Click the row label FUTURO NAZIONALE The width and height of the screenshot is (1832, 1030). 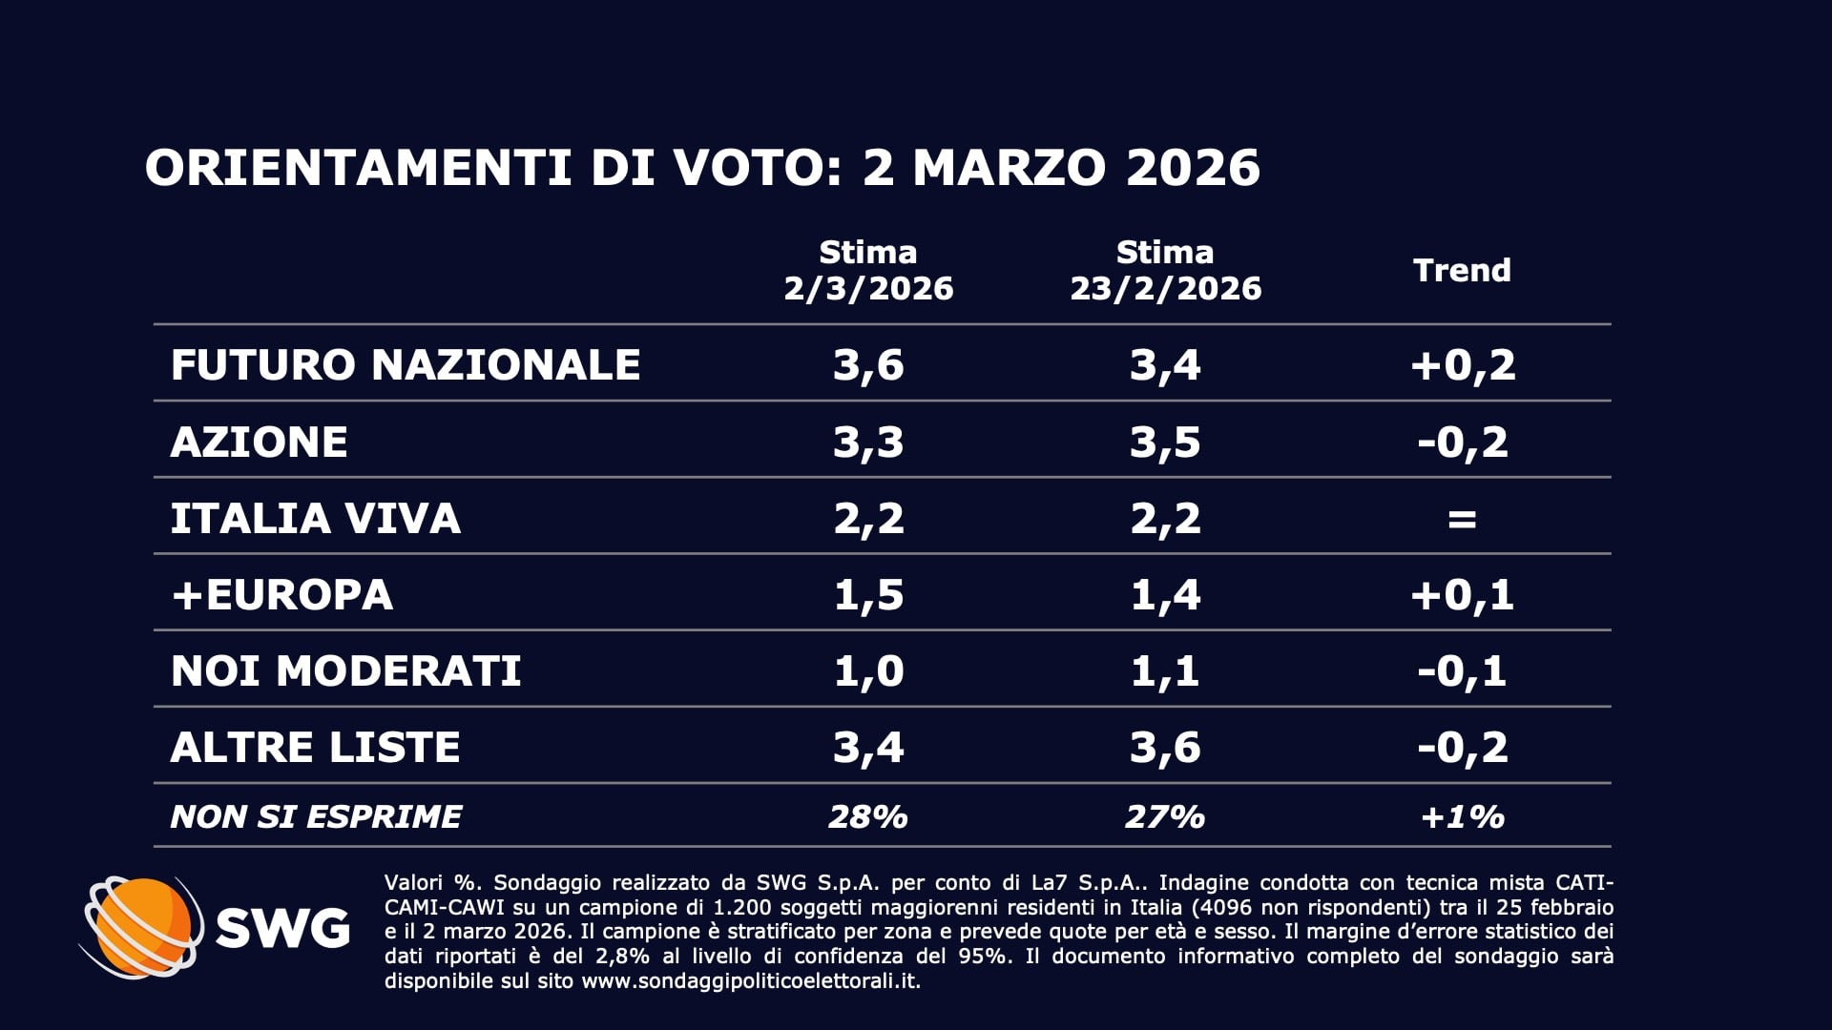[x=405, y=364]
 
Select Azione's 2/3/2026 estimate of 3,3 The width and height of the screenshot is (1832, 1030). [x=867, y=442]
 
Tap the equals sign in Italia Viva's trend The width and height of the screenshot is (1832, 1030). [x=1462, y=519]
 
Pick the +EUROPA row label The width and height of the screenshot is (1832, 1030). [x=281, y=594]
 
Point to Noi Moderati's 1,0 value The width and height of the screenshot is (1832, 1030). [x=867, y=670]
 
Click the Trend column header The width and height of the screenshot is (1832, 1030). [x=1462, y=270]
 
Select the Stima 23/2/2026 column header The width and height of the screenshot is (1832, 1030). [x=1165, y=270]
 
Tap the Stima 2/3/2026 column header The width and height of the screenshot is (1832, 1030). [x=867, y=270]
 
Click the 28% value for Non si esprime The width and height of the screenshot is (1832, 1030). [x=867, y=816]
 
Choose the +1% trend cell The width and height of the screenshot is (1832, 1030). [x=1462, y=816]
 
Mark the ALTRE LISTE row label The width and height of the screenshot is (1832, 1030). [x=315, y=747]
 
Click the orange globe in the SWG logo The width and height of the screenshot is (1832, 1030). [x=143, y=925]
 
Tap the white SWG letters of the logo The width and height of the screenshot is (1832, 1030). [x=282, y=927]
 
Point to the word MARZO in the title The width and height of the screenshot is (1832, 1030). [x=1010, y=168]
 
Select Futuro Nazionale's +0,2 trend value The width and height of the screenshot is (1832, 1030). [x=1462, y=364]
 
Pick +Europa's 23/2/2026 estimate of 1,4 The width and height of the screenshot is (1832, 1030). [x=1165, y=594]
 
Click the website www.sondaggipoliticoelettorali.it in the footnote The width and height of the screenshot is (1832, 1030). [x=751, y=981]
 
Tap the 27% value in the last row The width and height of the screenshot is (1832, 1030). [x=1165, y=816]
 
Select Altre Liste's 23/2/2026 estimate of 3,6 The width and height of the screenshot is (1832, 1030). [x=1165, y=747]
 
